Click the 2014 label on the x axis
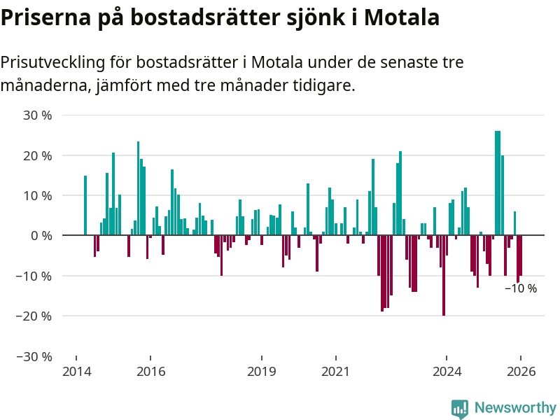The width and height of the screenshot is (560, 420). point(77,372)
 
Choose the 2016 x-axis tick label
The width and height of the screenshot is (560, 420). point(150,372)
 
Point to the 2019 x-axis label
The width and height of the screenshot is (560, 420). point(262,372)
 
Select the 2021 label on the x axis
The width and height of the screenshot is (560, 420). point(335,372)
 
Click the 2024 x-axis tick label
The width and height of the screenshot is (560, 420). point(447,372)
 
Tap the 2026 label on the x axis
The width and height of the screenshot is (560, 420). point(521,372)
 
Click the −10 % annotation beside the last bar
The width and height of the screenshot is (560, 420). point(521,288)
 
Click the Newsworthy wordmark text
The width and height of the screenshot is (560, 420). point(514,408)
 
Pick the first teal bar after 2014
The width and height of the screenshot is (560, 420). point(85,205)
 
